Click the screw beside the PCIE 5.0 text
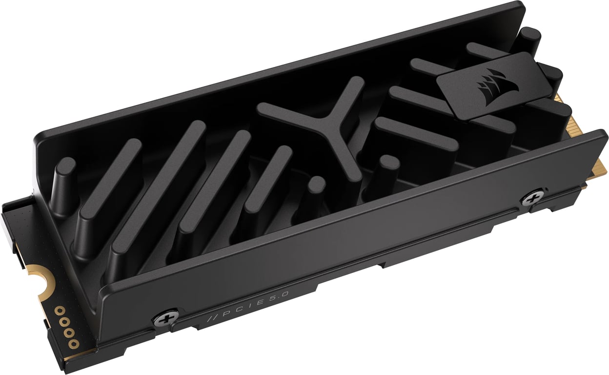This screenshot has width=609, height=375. (163, 319)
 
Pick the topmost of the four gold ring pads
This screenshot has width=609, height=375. (60, 311)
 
